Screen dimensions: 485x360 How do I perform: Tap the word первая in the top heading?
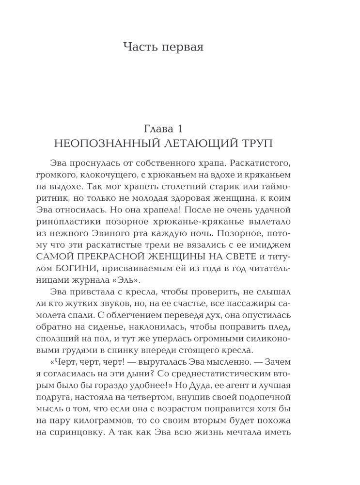click(x=182, y=48)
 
